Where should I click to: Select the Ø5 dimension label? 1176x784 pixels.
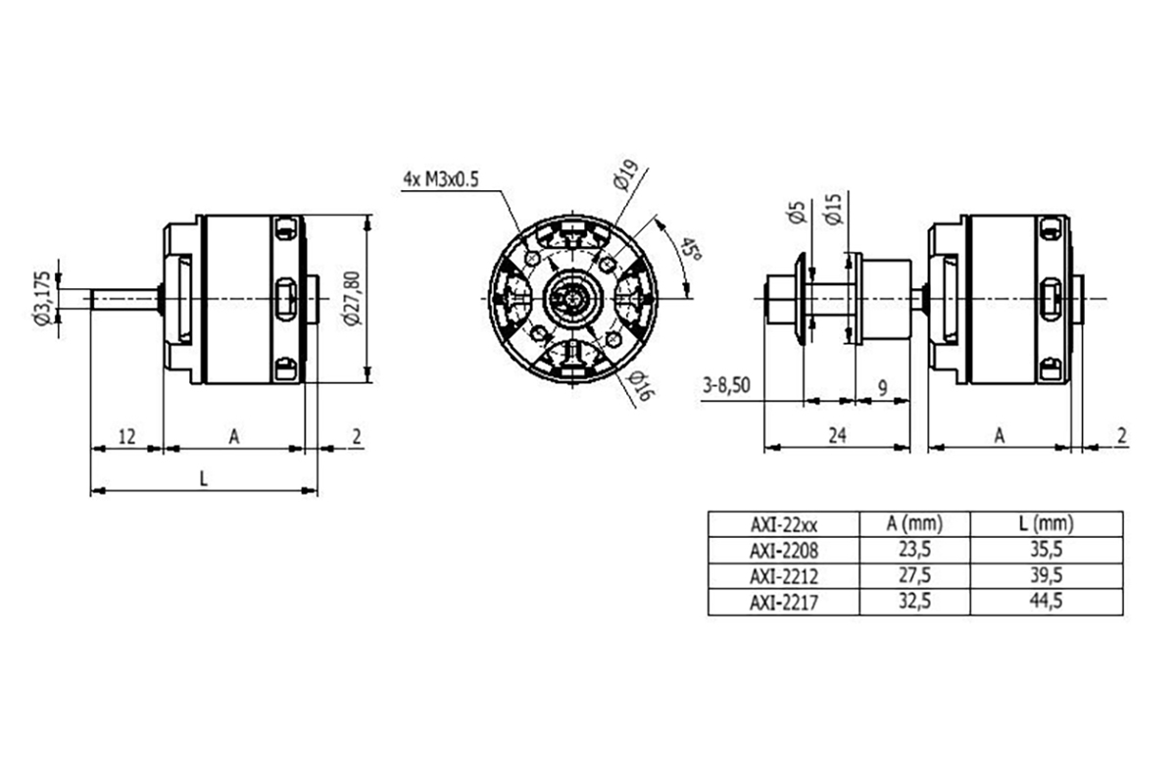click(796, 213)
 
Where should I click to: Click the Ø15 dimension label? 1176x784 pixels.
click(834, 210)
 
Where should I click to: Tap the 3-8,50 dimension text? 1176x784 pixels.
click(727, 385)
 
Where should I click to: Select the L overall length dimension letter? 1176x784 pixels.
click(203, 478)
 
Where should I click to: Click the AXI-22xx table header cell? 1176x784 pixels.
click(782, 525)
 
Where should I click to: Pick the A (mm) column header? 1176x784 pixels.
click(913, 524)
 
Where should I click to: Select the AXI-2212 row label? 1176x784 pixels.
click(782, 576)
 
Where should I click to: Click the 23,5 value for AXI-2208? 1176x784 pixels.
click(913, 551)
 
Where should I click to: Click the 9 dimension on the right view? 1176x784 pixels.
click(882, 388)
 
